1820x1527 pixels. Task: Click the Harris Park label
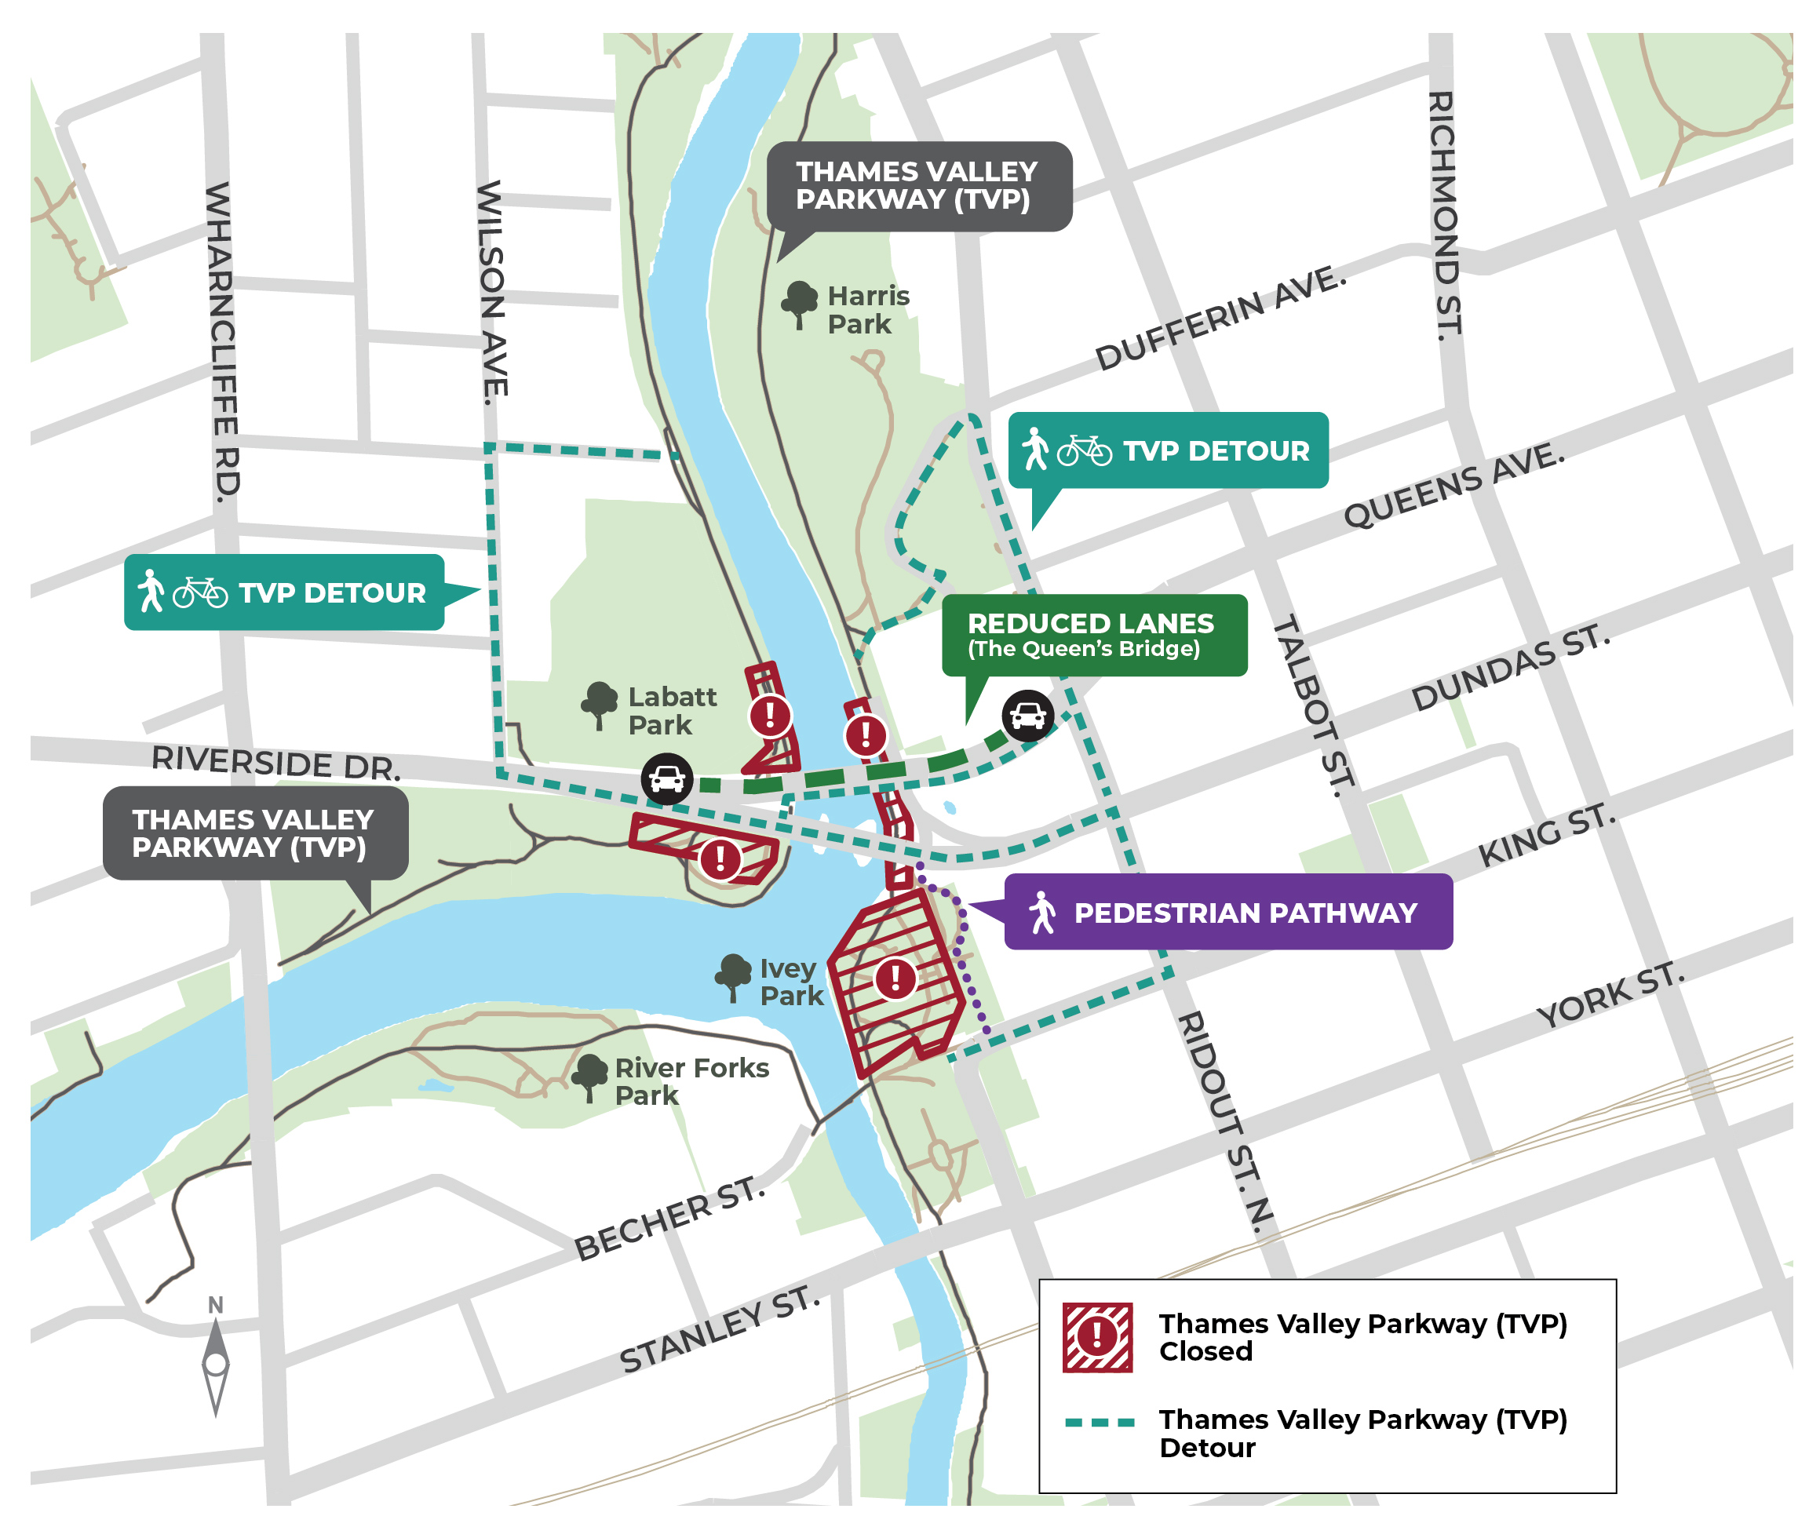pyautogui.click(x=866, y=309)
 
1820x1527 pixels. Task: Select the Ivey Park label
pyautogui.click(x=790, y=981)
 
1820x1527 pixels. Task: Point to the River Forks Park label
pyautogui.click(x=691, y=1081)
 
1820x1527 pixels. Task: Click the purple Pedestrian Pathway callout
pyautogui.click(x=1227, y=912)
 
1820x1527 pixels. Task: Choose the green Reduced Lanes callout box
pyautogui.click(x=1094, y=636)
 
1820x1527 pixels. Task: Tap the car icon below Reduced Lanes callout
pyautogui.click(x=1028, y=715)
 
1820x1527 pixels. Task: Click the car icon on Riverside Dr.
pyautogui.click(x=666, y=778)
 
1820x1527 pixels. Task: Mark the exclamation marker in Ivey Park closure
pyautogui.click(x=895, y=979)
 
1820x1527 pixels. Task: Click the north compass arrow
pyautogui.click(x=216, y=1363)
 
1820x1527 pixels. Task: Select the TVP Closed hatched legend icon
pyautogui.click(x=1097, y=1336)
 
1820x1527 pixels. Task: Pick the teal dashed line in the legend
pyautogui.click(x=1099, y=1422)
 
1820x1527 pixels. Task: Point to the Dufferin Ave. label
pyautogui.click(x=1220, y=318)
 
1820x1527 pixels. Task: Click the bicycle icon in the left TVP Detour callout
pyautogui.click(x=200, y=592)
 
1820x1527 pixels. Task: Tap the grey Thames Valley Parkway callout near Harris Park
pyautogui.click(x=919, y=185)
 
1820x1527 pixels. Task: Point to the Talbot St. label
pyautogui.click(x=1312, y=705)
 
